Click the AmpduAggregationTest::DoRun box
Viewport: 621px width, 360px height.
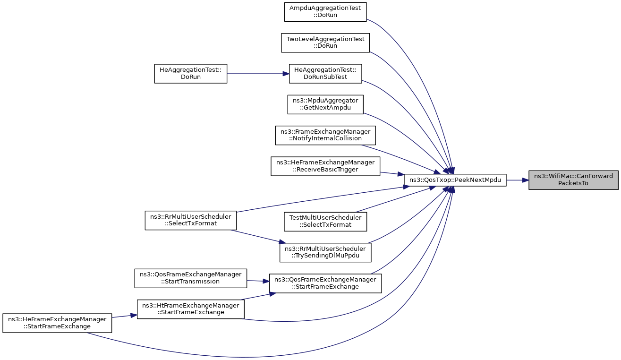click(x=325, y=12)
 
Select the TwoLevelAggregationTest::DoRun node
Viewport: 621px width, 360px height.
click(x=325, y=43)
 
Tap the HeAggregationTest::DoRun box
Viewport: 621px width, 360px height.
click(x=190, y=74)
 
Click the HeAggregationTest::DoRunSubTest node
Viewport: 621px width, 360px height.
click(x=325, y=74)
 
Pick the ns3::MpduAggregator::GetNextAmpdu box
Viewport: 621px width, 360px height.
click(x=325, y=104)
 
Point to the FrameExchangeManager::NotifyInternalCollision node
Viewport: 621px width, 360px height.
click(x=325, y=135)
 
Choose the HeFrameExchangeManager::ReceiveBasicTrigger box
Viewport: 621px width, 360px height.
click(x=325, y=166)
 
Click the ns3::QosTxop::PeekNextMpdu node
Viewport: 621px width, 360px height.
click(x=455, y=180)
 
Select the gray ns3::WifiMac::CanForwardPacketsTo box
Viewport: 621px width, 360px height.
click(x=573, y=180)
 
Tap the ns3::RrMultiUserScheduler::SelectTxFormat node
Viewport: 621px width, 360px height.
click(x=190, y=220)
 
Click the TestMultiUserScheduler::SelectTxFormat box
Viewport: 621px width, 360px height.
click(x=325, y=222)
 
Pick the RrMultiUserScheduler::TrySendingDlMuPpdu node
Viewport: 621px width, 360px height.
click(x=325, y=252)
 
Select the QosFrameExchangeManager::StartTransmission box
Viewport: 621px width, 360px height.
click(x=190, y=278)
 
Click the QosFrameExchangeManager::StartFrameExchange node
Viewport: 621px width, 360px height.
click(x=325, y=283)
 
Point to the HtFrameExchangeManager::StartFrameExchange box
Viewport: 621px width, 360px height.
click(x=190, y=309)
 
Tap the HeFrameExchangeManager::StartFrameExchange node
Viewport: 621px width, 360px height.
click(x=57, y=323)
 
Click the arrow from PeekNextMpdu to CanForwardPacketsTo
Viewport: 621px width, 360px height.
click(x=517, y=180)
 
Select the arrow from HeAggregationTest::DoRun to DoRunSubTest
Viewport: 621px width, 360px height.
click(x=258, y=74)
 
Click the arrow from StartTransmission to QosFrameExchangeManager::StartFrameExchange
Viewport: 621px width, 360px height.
click(x=258, y=281)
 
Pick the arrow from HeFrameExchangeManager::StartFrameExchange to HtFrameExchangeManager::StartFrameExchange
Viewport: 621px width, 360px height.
click(x=124, y=316)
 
